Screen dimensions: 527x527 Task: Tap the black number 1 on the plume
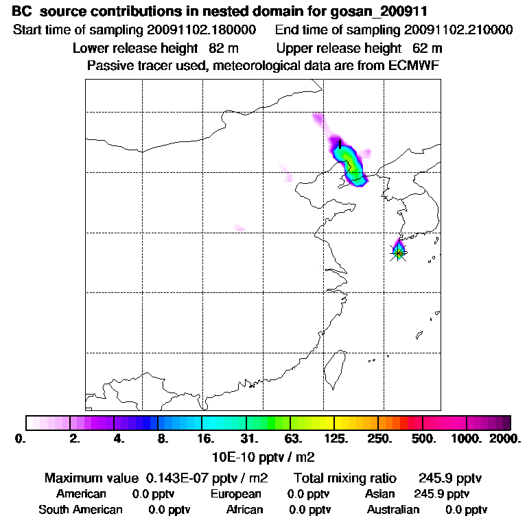[x=340, y=144]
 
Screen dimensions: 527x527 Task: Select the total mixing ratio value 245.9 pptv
[x=445, y=478]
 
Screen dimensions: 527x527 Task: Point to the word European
[x=235, y=494]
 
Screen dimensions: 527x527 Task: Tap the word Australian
[x=393, y=510]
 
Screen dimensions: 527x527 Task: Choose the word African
[x=244, y=510]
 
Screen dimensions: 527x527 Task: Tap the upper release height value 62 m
[x=428, y=49]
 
